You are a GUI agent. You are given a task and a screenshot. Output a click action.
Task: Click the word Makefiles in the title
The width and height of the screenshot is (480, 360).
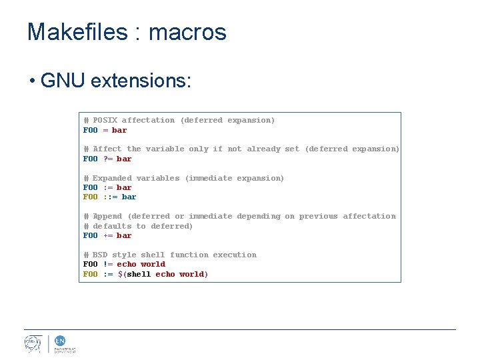point(77,32)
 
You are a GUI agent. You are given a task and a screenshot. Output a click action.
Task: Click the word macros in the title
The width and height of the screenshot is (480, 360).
point(187,32)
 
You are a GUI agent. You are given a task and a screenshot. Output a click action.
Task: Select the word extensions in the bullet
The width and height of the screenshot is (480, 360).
point(141,81)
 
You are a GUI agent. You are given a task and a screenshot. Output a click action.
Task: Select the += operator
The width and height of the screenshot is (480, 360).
point(107,236)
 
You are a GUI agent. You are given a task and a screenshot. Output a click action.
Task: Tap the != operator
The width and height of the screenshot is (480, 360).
point(107,265)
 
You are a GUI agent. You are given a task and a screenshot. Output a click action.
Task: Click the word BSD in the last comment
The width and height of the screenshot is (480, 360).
point(100,255)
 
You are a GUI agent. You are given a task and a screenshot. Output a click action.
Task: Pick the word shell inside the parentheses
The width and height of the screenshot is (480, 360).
point(139,275)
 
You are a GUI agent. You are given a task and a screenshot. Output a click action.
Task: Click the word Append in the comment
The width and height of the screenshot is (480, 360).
point(107,217)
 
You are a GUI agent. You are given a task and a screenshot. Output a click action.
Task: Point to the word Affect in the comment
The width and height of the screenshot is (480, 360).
point(107,149)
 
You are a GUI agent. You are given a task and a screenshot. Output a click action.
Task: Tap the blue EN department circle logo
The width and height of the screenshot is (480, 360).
point(59,340)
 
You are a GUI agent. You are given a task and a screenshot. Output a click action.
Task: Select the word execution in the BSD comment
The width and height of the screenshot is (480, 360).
point(235,255)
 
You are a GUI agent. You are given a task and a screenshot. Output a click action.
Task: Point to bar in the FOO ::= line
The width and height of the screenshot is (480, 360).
point(129,197)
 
